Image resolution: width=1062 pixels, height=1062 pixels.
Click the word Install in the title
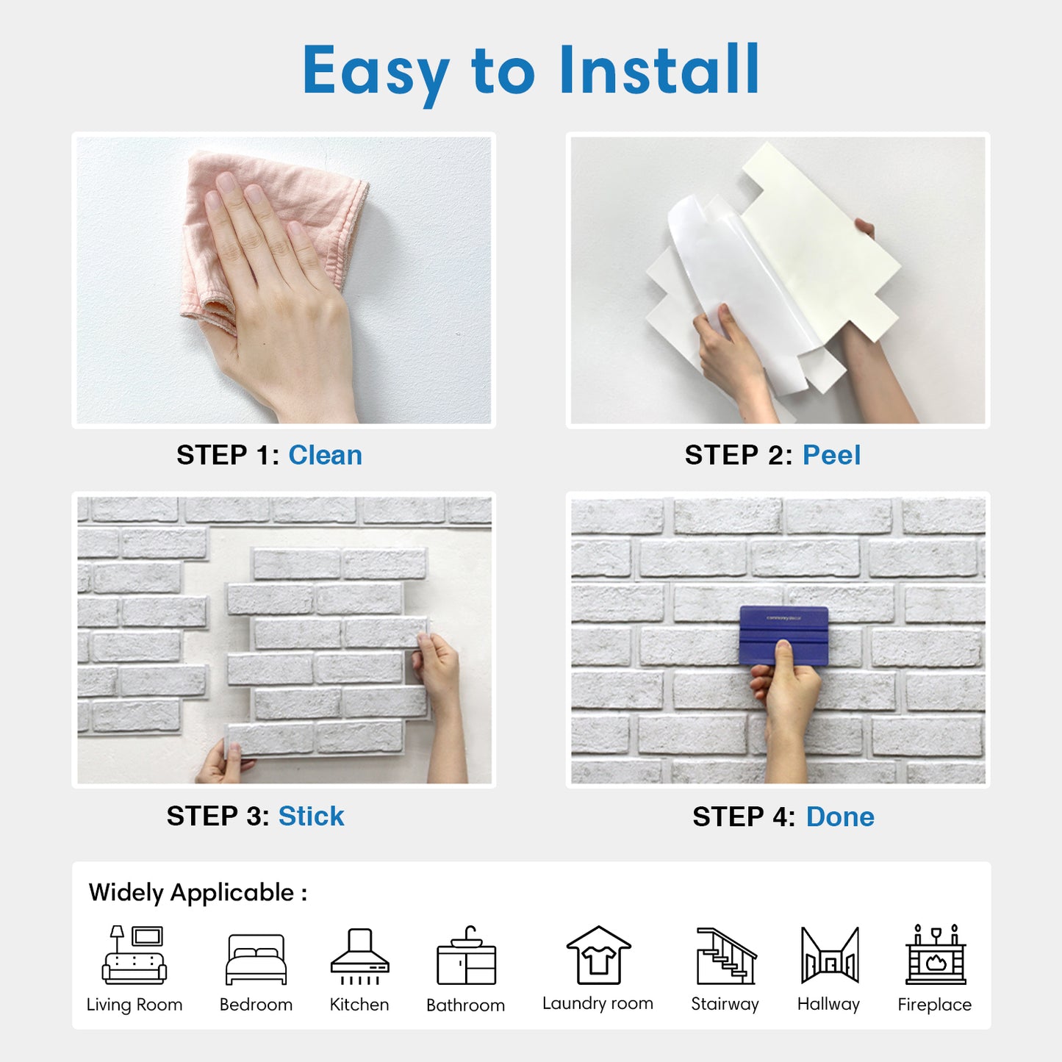[x=660, y=70]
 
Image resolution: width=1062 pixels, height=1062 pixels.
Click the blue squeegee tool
[x=783, y=636]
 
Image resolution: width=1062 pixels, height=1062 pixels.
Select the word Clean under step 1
[x=325, y=455]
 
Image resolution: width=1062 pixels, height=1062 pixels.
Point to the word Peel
[x=831, y=455]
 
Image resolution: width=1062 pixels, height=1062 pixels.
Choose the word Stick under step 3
[x=312, y=817]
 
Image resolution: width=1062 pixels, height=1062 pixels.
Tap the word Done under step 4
[x=840, y=817]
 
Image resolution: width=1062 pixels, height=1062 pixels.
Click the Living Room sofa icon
[x=134, y=955]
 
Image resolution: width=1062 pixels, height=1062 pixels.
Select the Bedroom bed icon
[x=256, y=960]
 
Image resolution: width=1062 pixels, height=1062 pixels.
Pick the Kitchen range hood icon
[x=360, y=957]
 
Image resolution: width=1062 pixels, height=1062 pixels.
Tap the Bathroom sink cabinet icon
[x=466, y=955]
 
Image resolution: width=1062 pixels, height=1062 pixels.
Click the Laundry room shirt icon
[x=598, y=955]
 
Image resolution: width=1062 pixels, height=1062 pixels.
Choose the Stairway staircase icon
[x=726, y=956]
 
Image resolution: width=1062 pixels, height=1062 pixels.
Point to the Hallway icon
[x=830, y=955]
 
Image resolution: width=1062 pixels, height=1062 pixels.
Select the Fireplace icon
[x=936, y=955]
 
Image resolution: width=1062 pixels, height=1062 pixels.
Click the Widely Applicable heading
[x=198, y=893]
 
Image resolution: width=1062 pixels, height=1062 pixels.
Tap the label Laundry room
[x=598, y=1004]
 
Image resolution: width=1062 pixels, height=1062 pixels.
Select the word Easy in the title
[x=376, y=73]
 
